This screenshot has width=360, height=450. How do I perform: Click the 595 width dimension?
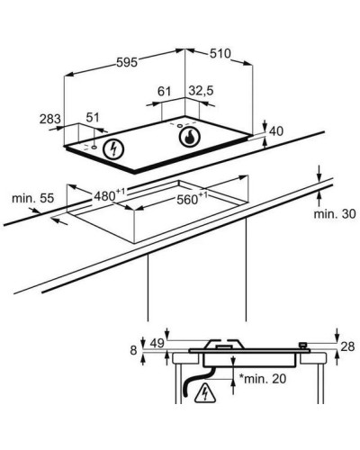tap(127, 62)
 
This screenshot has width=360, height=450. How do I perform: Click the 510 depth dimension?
tap(220, 53)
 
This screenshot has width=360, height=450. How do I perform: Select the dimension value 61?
tap(164, 91)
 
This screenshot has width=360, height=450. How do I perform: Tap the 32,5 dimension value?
tap(201, 90)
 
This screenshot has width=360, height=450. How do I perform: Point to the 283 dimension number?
tap(50, 119)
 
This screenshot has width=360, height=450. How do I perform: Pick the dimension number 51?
tap(93, 117)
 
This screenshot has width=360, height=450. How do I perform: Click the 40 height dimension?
tap(276, 131)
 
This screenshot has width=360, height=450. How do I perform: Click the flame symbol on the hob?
tap(190, 137)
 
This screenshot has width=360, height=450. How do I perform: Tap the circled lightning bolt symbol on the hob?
tap(113, 149)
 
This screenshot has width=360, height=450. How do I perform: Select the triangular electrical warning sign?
tap(205, 393)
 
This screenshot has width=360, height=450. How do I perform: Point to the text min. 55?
tap(33, 198)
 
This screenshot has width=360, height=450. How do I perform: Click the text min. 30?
tap(335, 214)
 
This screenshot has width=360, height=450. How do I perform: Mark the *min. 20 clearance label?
tap(263, 379)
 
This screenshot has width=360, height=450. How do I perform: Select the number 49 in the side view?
tap(157, 344)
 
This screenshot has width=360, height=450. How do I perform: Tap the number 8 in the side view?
tap(134, 350)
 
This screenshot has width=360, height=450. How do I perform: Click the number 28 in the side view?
tap(348, 346)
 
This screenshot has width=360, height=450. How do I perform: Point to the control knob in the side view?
tap(304, 346)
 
